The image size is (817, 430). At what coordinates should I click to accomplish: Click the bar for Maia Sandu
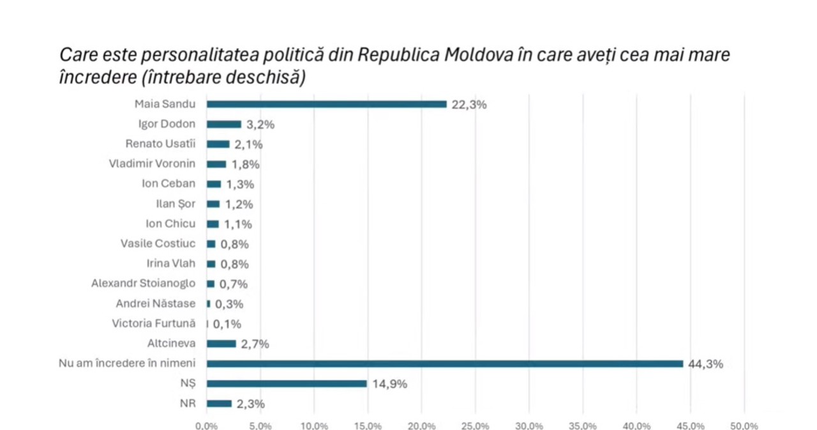tap(326, 104)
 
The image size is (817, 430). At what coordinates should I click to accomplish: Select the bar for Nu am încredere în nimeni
tap(445, 364)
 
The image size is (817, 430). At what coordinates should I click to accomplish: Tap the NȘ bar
tap(287, 383)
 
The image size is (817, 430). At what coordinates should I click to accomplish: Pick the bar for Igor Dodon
tap(223, 124)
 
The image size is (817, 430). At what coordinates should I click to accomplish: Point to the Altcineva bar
tap(221, 344)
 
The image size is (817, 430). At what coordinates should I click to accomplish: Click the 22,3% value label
tap(468, 105)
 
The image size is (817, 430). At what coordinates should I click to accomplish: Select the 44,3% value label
tap(705, 364)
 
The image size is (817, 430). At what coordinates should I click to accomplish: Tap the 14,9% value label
tap(389, 384)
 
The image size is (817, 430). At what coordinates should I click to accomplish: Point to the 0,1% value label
tap(227, 324)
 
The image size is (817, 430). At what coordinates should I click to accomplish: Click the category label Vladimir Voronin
tap(152, 164)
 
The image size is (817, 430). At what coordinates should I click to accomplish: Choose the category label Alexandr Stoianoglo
tap(144, 283)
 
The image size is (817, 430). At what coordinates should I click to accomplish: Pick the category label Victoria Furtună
tap(154, 323)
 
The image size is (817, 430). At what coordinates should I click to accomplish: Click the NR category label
tap(188, 403)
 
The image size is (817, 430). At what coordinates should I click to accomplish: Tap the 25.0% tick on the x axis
tap(476, 426)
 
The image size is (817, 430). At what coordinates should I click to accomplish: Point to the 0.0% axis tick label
tap(207, 426)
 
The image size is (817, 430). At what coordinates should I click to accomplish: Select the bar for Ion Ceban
tap(214, 184)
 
